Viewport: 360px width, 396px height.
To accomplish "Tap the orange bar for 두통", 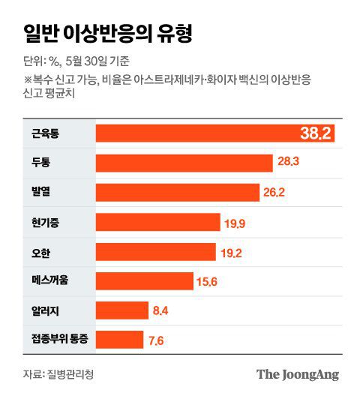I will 184,163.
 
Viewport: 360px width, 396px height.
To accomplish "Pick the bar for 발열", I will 177,193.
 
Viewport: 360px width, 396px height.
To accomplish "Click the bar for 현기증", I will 157,222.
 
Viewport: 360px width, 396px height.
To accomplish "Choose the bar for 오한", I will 156,252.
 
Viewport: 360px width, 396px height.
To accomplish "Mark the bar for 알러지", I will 122,310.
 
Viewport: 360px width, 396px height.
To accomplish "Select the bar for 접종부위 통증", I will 119,340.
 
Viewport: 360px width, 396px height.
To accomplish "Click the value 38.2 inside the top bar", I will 315,134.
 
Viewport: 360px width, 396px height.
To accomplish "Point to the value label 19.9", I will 236,223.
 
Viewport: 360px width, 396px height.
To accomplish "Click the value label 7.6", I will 156,340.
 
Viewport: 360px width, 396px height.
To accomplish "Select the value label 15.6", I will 206,282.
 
